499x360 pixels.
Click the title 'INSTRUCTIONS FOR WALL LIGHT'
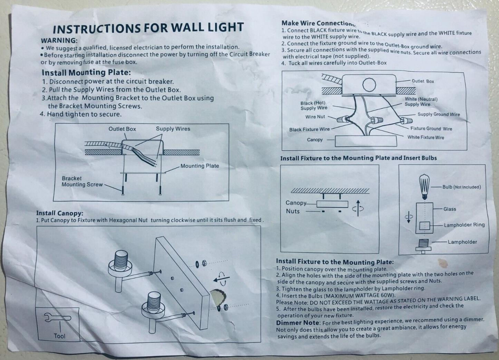[148, 28]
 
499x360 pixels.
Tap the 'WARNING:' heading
[59, 40]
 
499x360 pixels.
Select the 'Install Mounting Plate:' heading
[86, 73]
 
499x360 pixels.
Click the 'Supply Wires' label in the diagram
[173, 129]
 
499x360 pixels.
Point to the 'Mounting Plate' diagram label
[200, 166]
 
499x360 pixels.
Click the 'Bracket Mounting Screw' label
[82, 181]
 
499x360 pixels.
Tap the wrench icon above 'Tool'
[58, 318]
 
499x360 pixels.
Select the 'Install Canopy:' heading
[60, 213]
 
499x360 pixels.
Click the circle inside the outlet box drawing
[369, 84]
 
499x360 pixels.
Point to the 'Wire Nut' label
[315, 117]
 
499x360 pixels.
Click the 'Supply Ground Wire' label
[439, 114]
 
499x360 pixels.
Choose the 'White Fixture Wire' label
[425, 137]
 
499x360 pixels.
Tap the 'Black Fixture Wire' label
[309, 130]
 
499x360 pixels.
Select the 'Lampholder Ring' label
[464, 225]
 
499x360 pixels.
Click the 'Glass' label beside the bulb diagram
[450, 209]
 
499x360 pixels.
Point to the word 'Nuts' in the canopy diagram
[292, 211]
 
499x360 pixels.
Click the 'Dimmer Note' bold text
[298, 323]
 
